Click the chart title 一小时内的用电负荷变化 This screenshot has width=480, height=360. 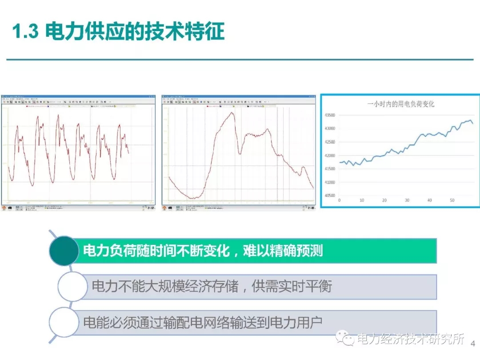pos(401,104)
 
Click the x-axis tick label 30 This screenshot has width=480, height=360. pos(407,201)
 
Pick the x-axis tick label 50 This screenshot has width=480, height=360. pos(452,201)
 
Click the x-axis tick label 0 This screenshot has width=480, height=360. pos(340,201)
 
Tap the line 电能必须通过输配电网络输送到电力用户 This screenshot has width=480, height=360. pos(202,322)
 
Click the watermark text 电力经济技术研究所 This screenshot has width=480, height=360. pos(411,340)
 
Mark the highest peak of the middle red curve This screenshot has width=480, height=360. pos(232,112)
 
